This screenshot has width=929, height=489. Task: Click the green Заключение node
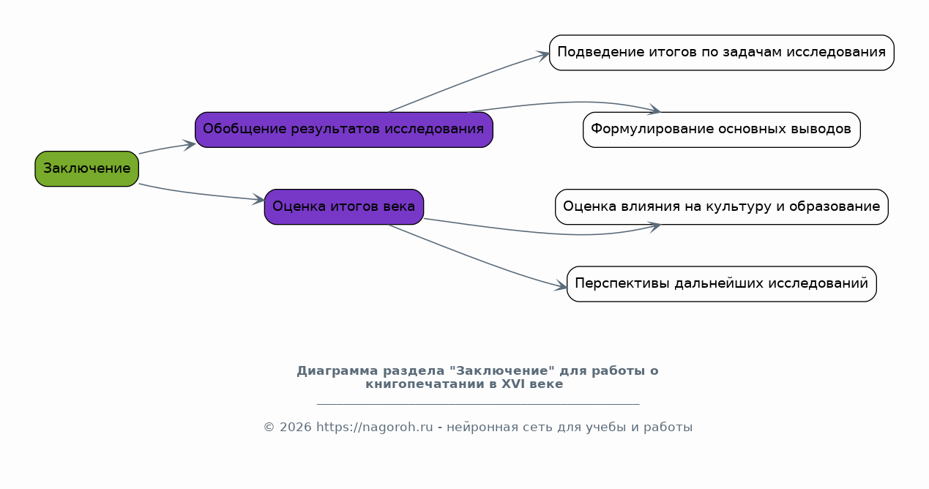click(x=86, y=169)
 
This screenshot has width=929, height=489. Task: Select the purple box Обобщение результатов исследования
click(x=344, y=130)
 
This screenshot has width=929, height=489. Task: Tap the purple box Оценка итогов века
click(x=344, y=207)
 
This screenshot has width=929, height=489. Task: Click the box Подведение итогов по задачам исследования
click(x=722, y=53)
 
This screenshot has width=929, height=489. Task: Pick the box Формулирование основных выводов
click(x=722, y=130)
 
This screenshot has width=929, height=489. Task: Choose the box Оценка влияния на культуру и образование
click(x=722, y=207)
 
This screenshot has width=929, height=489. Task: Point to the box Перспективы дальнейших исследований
click(x=722, y=284)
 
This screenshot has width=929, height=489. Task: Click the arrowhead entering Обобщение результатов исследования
click(x=190, y=145)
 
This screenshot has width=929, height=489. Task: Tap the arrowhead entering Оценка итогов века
click(x=259, y=199)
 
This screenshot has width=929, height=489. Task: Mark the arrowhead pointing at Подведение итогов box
click(x=543, y=55)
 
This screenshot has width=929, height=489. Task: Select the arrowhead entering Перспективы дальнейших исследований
click(x=561, y=285)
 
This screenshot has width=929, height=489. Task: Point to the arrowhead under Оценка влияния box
click(x=654, y=227)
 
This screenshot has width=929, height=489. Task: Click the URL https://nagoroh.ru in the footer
click(x=375, y=428)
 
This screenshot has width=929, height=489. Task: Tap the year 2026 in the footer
click(x=295, y=428)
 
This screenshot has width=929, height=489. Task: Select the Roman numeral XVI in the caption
click(x=512, y=384)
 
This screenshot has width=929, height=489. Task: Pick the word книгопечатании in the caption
click(x=425, y=384)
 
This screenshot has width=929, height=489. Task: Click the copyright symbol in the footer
click(x=269, y=428)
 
